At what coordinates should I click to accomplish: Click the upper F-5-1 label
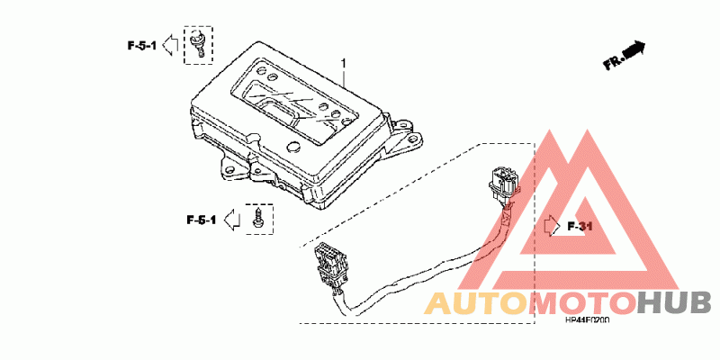click(x=141, y=44)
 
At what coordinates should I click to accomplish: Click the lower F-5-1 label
click(x=202, y=220)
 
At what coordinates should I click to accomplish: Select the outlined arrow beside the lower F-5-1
click(x=231, y=219)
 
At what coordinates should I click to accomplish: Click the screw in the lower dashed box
click(x=259, y=217)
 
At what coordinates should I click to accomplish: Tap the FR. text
click(x=614, y=61)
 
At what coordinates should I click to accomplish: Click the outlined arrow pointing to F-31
click(x=550, y=225)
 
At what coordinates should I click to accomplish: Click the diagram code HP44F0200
click(x=587, y=319)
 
